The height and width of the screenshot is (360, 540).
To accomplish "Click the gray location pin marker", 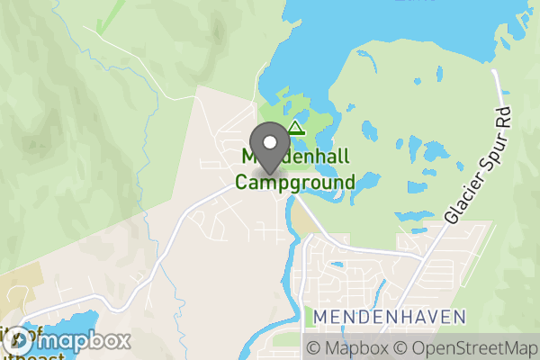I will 269,147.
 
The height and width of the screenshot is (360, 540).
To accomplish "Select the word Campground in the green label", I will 295,183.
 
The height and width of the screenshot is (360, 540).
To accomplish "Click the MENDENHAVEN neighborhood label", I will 390,316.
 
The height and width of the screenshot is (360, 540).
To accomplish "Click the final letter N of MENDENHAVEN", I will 460,316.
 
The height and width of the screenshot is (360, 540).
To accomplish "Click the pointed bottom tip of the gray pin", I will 269,172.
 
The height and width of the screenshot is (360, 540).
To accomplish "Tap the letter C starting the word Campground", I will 242,182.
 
